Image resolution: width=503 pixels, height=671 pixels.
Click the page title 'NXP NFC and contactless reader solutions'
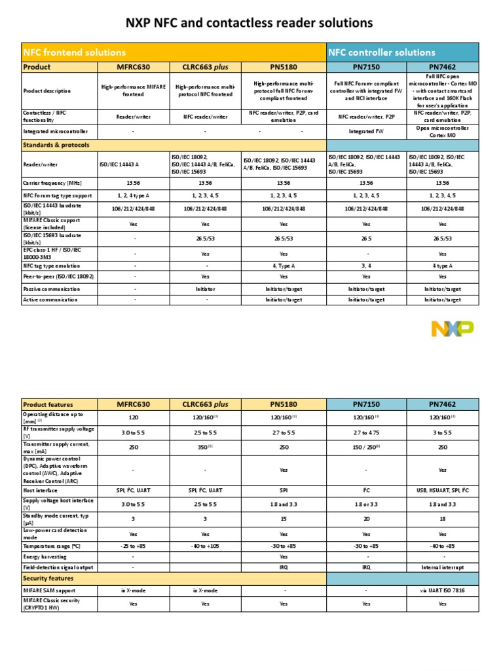(x=249, y=24)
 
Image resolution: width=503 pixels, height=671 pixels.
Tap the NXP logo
(x=452, y=329)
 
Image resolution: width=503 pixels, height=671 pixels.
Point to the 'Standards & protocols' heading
(x=56, y=145)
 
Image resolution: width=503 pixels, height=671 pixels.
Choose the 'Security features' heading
(x=48, y=579)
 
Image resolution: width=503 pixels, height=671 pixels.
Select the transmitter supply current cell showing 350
(x=205, y=447)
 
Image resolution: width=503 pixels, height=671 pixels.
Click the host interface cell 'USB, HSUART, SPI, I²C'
(x=442, y=490)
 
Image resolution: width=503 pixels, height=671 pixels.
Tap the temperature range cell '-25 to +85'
(x=134, y=545)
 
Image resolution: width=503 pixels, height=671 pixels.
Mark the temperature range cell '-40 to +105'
(x=205, y=545)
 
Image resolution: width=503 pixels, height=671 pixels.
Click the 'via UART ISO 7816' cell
(x=442, y=590)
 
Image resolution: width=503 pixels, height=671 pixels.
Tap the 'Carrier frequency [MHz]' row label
(x=52, y=183)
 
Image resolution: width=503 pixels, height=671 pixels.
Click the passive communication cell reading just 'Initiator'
(x=205, y=288)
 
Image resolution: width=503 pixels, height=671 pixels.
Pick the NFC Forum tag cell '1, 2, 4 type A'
(x=134, y=195)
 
